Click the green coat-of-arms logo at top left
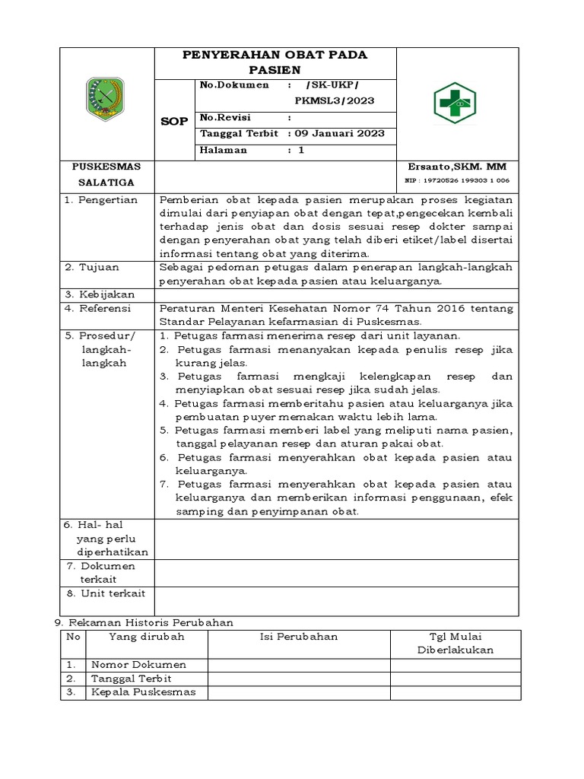click(106, 100)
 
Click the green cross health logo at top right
click(457, 103)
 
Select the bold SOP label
click(174, 121)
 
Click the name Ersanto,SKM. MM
click(457, 167)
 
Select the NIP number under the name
click(457, 181)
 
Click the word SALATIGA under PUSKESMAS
click(106, 183)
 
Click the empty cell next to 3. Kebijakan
click(336, 294)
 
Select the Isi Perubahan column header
click(299, 637)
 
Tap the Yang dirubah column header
click(147, 637)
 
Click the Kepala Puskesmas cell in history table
click(144, 692)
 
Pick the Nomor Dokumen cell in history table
click(138, 664)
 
